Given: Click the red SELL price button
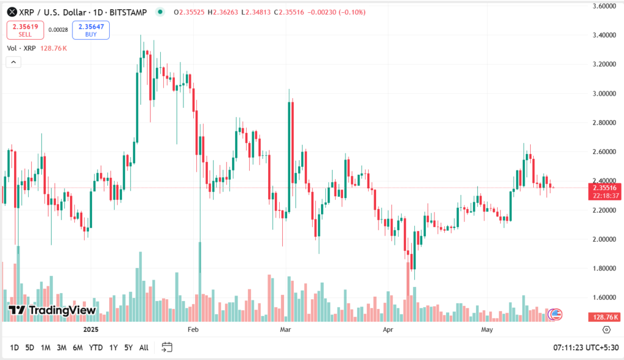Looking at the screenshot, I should coord(25,30).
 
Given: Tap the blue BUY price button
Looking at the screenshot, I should coord(90,30).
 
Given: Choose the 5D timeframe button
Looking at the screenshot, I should coord(29,347).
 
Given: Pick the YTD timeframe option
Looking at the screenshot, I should coord(96,347).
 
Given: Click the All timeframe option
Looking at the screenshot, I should coord(144,347).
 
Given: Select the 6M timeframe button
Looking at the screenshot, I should coord(77,347).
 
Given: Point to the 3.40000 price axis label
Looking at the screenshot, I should coord(606,35).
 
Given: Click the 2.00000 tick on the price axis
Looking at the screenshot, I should coord(606,239).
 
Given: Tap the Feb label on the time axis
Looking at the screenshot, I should coord(193,330).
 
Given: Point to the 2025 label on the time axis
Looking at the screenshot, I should coord(90,330).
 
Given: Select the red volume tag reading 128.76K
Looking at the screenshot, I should coord(605,317).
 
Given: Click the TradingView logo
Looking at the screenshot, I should coord(52,311).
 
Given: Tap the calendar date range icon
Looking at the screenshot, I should coord(167,347).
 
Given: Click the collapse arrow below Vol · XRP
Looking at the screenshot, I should coord(13,62).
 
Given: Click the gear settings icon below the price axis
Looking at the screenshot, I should coord(606,330).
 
